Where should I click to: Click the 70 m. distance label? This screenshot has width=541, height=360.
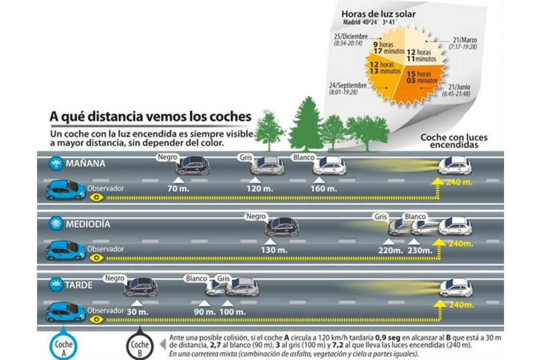tap(177, 189)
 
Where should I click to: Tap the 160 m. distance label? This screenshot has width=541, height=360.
tap(324, 189)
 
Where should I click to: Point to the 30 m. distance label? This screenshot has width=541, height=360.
tap(138, 312)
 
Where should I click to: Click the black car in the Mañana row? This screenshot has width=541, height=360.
tap(191, 166)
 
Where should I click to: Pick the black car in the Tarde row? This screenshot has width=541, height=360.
tap(141, 287)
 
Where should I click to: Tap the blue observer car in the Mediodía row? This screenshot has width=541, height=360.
tap(65, 250)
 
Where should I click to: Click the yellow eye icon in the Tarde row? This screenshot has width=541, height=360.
tap(97, 319)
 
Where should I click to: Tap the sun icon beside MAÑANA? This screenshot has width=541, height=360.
tap(55, 164)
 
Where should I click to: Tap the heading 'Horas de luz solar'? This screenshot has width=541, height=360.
tap(378, 14)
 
